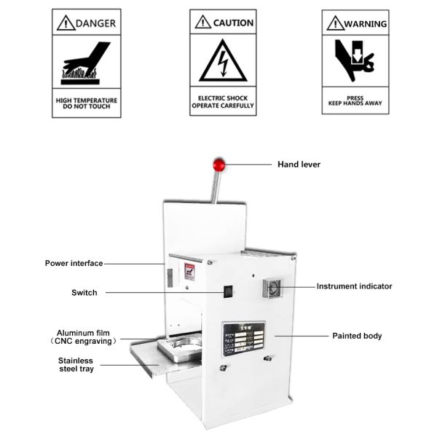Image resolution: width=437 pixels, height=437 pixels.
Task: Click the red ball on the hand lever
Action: [x=218, y=164]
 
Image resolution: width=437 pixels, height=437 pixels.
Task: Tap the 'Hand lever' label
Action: [x=299, y=165]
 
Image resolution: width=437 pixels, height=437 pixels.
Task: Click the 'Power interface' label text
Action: [x=74, y=263]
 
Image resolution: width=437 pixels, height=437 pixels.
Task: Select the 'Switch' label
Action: [x=84, y=293]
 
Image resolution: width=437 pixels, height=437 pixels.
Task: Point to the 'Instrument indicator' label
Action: [x=354, y=286]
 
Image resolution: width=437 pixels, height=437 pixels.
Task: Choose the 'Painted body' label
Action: [x=357, y=336]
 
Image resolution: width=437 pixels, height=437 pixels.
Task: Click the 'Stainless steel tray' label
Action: [x=76, y=364]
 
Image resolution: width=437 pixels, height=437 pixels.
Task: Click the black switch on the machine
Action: [x=227, y=291]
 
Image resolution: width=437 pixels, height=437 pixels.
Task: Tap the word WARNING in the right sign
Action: [x=366, y=24]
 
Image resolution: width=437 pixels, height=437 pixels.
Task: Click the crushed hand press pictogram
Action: [x=355, y=61]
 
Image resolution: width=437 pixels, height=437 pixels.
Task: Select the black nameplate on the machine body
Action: [x=243, y=339]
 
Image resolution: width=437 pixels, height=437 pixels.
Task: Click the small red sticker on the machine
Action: [x=189, y=272]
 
